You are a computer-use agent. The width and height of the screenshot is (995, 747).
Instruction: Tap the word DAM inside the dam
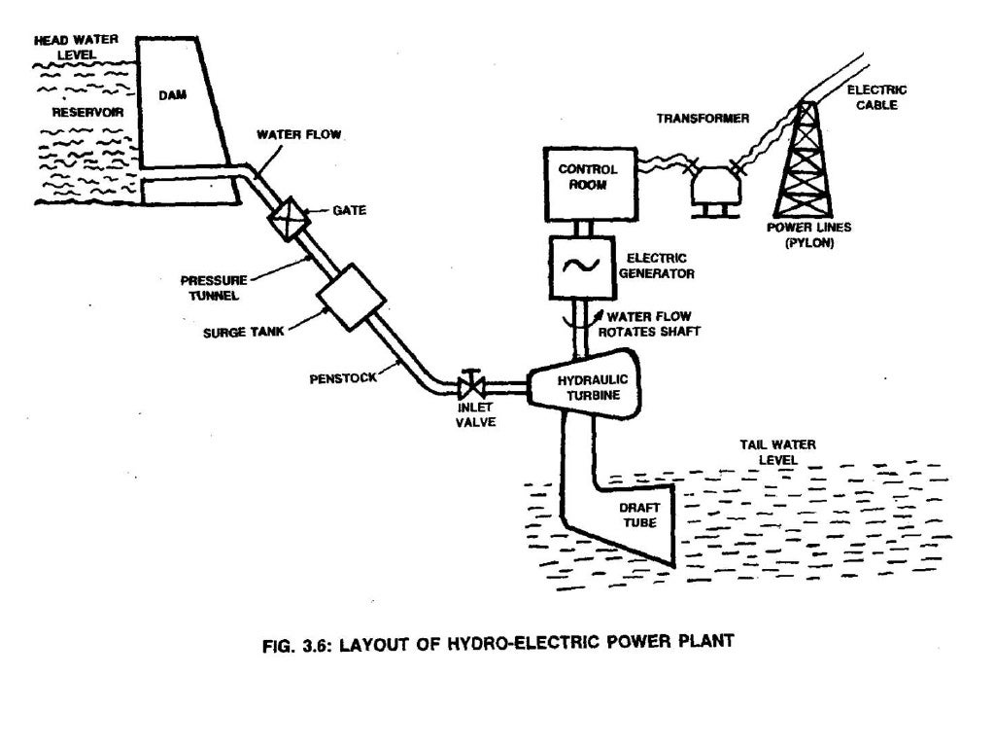coord(172,96)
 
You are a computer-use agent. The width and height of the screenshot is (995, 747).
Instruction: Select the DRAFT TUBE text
coord(638,515)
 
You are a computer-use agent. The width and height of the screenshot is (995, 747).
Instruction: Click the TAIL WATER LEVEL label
coord(777,451)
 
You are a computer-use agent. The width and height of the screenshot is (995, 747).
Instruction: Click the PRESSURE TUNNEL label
coord(230,289)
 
